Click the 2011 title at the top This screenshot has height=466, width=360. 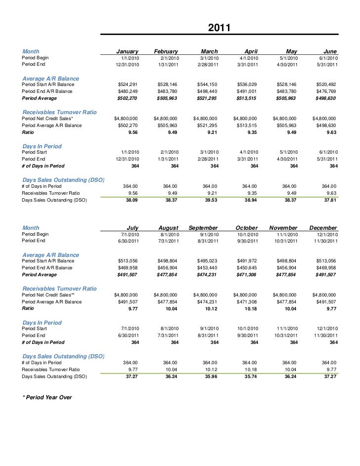219,28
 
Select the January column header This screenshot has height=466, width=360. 127,51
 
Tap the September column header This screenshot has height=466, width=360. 203,228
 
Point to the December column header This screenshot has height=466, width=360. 323,228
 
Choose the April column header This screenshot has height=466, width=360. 247,51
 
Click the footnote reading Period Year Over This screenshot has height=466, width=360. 47,397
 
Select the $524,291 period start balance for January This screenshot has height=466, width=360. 128,85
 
